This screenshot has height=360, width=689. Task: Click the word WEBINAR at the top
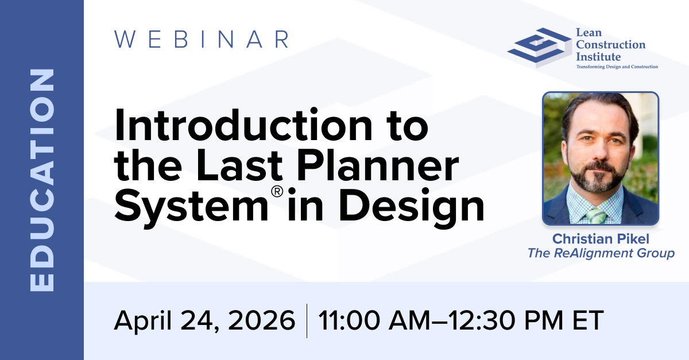(x=202, y=40)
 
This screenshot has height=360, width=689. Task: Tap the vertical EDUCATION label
(x=42, y=180)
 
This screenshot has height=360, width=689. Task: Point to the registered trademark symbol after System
(x=277, y=191)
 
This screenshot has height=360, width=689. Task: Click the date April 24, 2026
(x=204, y=321)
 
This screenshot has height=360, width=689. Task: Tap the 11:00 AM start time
(x=373, y=320)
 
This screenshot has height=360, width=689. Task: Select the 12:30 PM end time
(x=505, y=320)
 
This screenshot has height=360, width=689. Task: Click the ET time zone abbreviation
(x=588, y=320)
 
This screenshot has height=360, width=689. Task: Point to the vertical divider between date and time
(x=307, y=321)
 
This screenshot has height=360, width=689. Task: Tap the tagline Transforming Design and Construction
(x=617, y=67)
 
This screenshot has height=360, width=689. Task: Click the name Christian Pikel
(x=601, y=239)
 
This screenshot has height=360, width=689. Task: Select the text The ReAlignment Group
(x=601, y=253)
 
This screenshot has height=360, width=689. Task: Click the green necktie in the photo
(x=596, y=215)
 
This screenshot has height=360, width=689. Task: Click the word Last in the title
(x=239, y=165)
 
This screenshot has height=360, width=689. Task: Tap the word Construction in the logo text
(x=610, y=45)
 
